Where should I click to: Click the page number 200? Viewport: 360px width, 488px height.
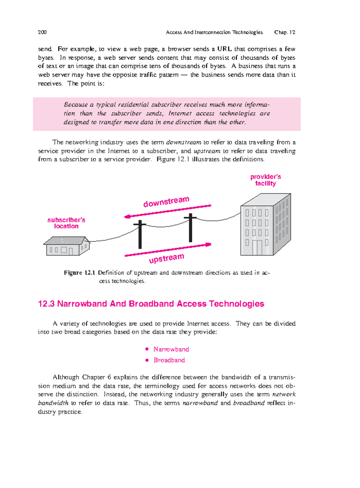(42, 32)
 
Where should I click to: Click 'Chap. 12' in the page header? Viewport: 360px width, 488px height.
(284, 32)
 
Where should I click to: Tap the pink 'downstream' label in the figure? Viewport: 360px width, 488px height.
(166, 202)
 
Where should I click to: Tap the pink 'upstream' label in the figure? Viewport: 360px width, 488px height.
(166, 258)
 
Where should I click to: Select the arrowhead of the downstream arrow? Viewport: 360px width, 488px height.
(127, 216)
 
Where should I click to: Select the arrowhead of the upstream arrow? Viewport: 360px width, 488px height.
(208, 245)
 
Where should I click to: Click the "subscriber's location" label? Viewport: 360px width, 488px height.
(66, 223)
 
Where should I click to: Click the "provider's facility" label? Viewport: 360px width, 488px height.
(265, 180)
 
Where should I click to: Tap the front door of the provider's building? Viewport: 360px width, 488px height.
(257, 248)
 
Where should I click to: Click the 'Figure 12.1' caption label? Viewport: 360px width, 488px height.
(79, 273)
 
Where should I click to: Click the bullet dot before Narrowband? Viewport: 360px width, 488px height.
(147, 349)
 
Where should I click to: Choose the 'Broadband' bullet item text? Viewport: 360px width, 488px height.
(169, 360)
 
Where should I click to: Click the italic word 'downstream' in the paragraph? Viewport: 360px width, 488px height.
(184, 142)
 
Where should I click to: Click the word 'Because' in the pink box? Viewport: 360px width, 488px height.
(76, 105)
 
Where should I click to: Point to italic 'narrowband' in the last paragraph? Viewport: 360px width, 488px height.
(200, 403)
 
